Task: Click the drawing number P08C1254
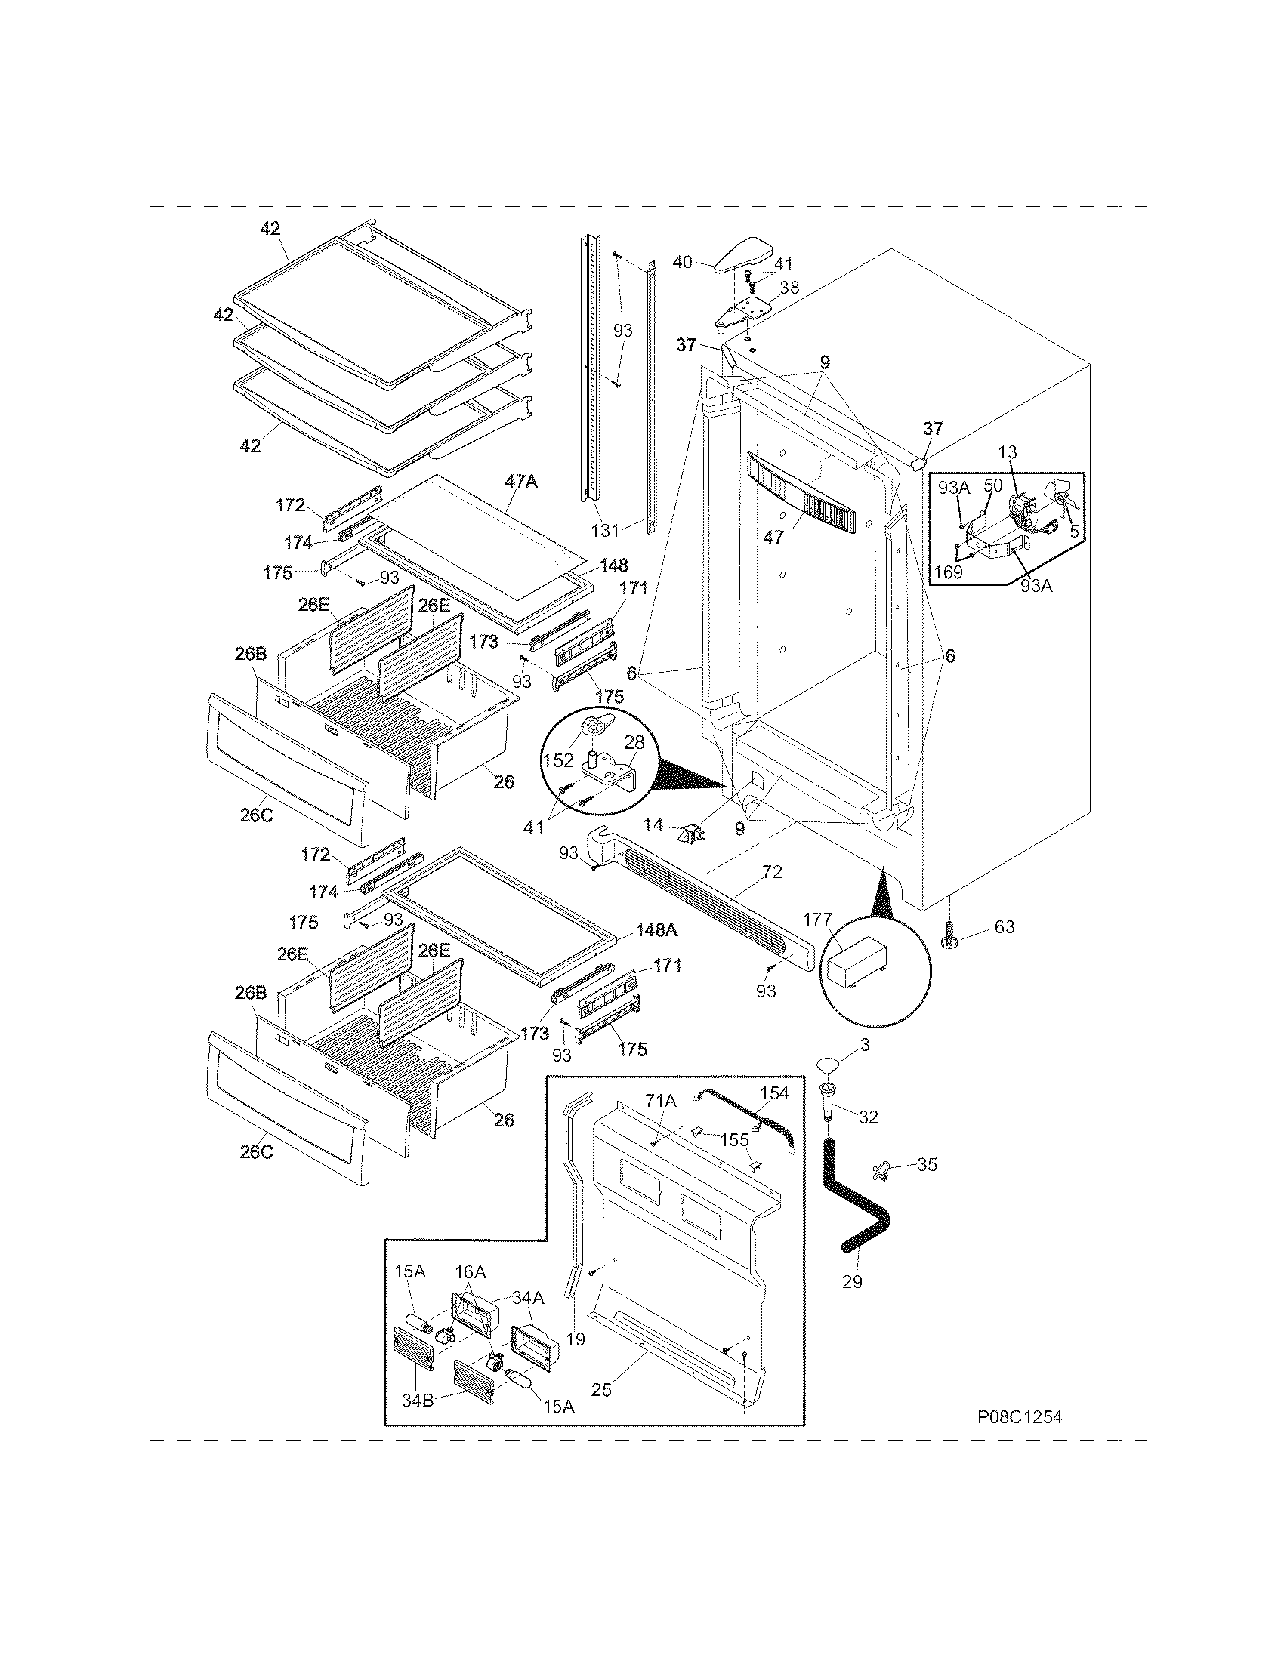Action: coord(1020,1417)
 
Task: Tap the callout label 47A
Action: coord(521,482)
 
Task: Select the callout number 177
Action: coord(818,920)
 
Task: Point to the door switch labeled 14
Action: coord(690,834)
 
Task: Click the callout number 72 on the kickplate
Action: coord(771,872)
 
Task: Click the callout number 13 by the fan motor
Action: coord(1007,452)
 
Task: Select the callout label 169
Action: coord(949,572)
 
